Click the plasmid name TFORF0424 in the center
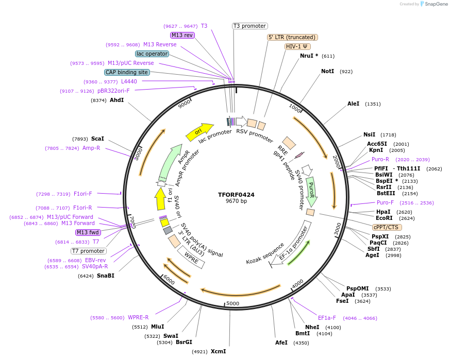tap(236, 195)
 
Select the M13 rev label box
tap(182, 35)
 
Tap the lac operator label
tap(152, 54)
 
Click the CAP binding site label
tap(127, 73)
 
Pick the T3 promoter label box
tap(249, 26)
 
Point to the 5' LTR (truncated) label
tap(292, 37)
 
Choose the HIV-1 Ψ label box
tap(297, 46)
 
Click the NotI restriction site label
tap(327, 72)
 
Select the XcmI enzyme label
tap(218, 352)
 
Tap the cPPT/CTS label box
tap(387, 227)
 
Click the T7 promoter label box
tap(88, 251)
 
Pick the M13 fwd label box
tap(88, 232)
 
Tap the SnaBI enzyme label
tap(105, 276)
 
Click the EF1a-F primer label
tap(327, 318)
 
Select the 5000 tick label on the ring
tap(233, 303)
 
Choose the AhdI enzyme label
tap(116, 100)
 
